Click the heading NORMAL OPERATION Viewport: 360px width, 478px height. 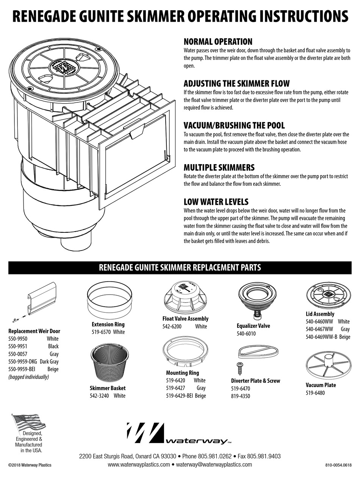(x=218, y=42)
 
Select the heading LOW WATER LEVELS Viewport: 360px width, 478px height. (x=216, y=202)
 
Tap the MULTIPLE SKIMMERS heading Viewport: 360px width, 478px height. (x=219, y=168)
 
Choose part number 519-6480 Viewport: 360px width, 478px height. (x=315, y=393)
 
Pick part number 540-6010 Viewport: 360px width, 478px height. (x=246, y=334)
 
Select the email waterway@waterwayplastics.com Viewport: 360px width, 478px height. (x=214, y=464)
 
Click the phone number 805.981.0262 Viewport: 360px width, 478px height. (x=215, y=456)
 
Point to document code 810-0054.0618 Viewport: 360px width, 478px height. (x=338, y=465)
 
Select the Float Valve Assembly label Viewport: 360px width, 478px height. (x=185, y=319)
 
